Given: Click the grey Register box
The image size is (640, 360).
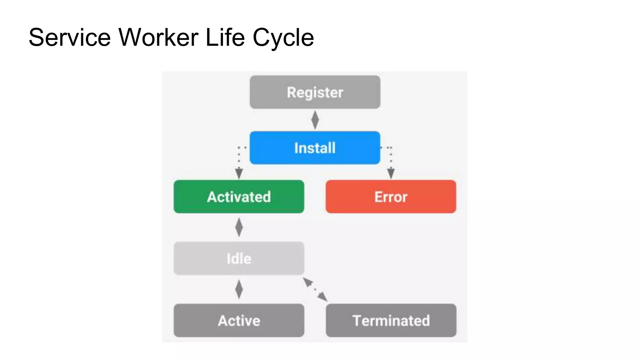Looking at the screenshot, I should tap(315, 92).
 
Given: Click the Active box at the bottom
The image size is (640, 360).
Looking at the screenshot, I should tap(239, 320).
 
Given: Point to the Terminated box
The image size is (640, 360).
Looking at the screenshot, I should tap(391, 320).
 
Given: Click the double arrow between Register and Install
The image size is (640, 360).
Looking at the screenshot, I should tap(315, 120).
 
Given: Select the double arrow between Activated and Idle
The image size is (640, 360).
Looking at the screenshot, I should tap(239, 227).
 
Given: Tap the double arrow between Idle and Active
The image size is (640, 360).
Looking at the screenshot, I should tap(239, 289).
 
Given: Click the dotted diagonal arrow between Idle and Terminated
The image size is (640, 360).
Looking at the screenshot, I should tap(315, 289).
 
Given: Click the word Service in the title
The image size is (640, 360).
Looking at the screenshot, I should tap(69, 37).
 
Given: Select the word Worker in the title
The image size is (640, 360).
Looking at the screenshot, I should tap(158, 37).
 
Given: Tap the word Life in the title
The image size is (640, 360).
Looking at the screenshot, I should tap(225, 37).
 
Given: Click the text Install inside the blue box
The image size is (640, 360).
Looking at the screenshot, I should tap(315, 148).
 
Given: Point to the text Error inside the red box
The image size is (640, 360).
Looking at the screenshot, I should tap(391, 197).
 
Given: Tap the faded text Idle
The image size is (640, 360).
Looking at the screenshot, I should tap(239, 258).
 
